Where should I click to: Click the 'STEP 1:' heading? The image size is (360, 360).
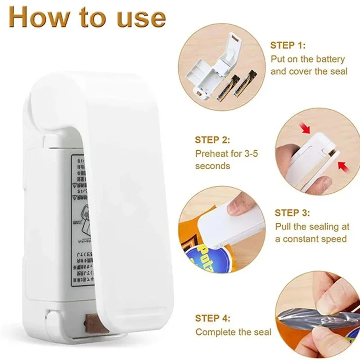point(288,45)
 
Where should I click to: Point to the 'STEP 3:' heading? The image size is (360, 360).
point(292,213)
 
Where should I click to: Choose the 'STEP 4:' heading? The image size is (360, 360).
point(213,318)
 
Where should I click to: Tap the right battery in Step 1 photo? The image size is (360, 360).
point(244,84)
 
